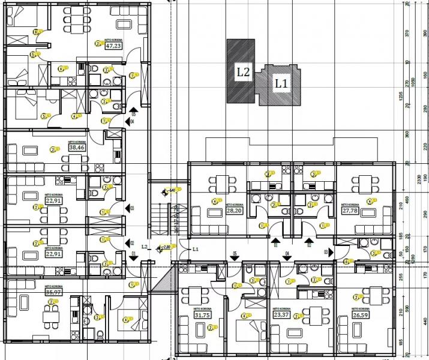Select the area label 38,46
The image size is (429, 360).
click(77, 147)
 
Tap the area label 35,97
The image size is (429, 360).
click(53, 293)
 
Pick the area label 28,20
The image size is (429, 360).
click(233, 211)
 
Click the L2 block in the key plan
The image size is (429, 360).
click(241, 72)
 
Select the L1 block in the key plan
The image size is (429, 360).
click(281, 85)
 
